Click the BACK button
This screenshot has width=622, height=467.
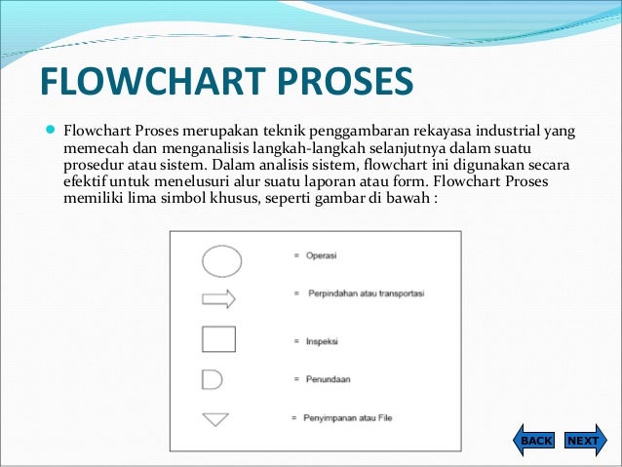(534, 441)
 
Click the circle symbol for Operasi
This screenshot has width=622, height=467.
(220, 260)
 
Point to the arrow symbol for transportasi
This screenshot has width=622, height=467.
(218, 298)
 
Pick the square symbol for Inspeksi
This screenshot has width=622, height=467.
(218, 338)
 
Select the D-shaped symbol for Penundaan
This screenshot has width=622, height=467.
(214, 378)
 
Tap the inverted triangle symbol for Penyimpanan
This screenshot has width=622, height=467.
(214, 419)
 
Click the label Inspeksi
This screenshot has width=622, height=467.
(322, 341)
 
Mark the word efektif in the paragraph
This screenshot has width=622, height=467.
(87, 182)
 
